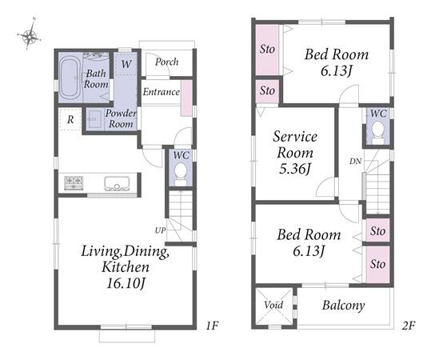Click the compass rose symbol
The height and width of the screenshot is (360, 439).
(29, 34)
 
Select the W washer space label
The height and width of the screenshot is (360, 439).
(126, 64)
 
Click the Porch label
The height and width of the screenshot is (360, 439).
(167, 62)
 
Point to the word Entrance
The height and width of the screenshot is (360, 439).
(162, 92)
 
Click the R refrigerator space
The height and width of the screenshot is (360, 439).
(70, 120)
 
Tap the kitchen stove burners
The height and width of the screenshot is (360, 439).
(74, 183)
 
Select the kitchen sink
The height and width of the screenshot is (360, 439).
(117, 183)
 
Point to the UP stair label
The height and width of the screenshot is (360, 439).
(161, 230)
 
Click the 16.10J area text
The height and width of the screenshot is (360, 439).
(126, 283)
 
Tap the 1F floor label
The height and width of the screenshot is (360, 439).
(212, 326)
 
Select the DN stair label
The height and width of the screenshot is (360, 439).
(355, 162)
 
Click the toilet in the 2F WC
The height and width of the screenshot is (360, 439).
(378, 133)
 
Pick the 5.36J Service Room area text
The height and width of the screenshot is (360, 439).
(295, 169)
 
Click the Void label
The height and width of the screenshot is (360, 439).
(273, 305)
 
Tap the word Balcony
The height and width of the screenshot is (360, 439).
(343, 306)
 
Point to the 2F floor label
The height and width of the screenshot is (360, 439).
(409, 326)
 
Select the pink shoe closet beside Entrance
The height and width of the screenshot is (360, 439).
(186, 98)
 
